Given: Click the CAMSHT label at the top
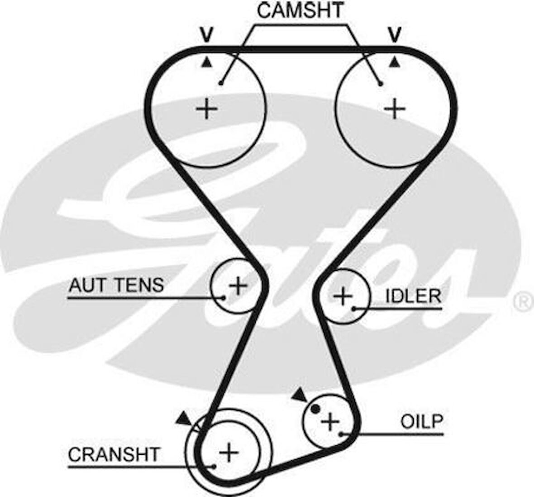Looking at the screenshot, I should point(300,10).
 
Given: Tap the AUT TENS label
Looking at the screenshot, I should point(116,285).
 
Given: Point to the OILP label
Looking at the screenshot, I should point(421,421).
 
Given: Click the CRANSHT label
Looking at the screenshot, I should point(114,454).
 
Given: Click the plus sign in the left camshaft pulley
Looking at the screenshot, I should point(207,109).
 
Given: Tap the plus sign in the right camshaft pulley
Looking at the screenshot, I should point(395,109).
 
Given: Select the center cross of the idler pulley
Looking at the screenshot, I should point(343,296).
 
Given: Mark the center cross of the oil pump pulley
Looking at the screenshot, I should point(330,422).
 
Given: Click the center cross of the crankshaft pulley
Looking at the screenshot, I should point(229,452).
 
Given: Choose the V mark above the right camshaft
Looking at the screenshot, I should point(395,34).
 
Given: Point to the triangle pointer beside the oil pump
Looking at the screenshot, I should point(299,395).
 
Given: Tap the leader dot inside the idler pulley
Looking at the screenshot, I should point(355,309).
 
